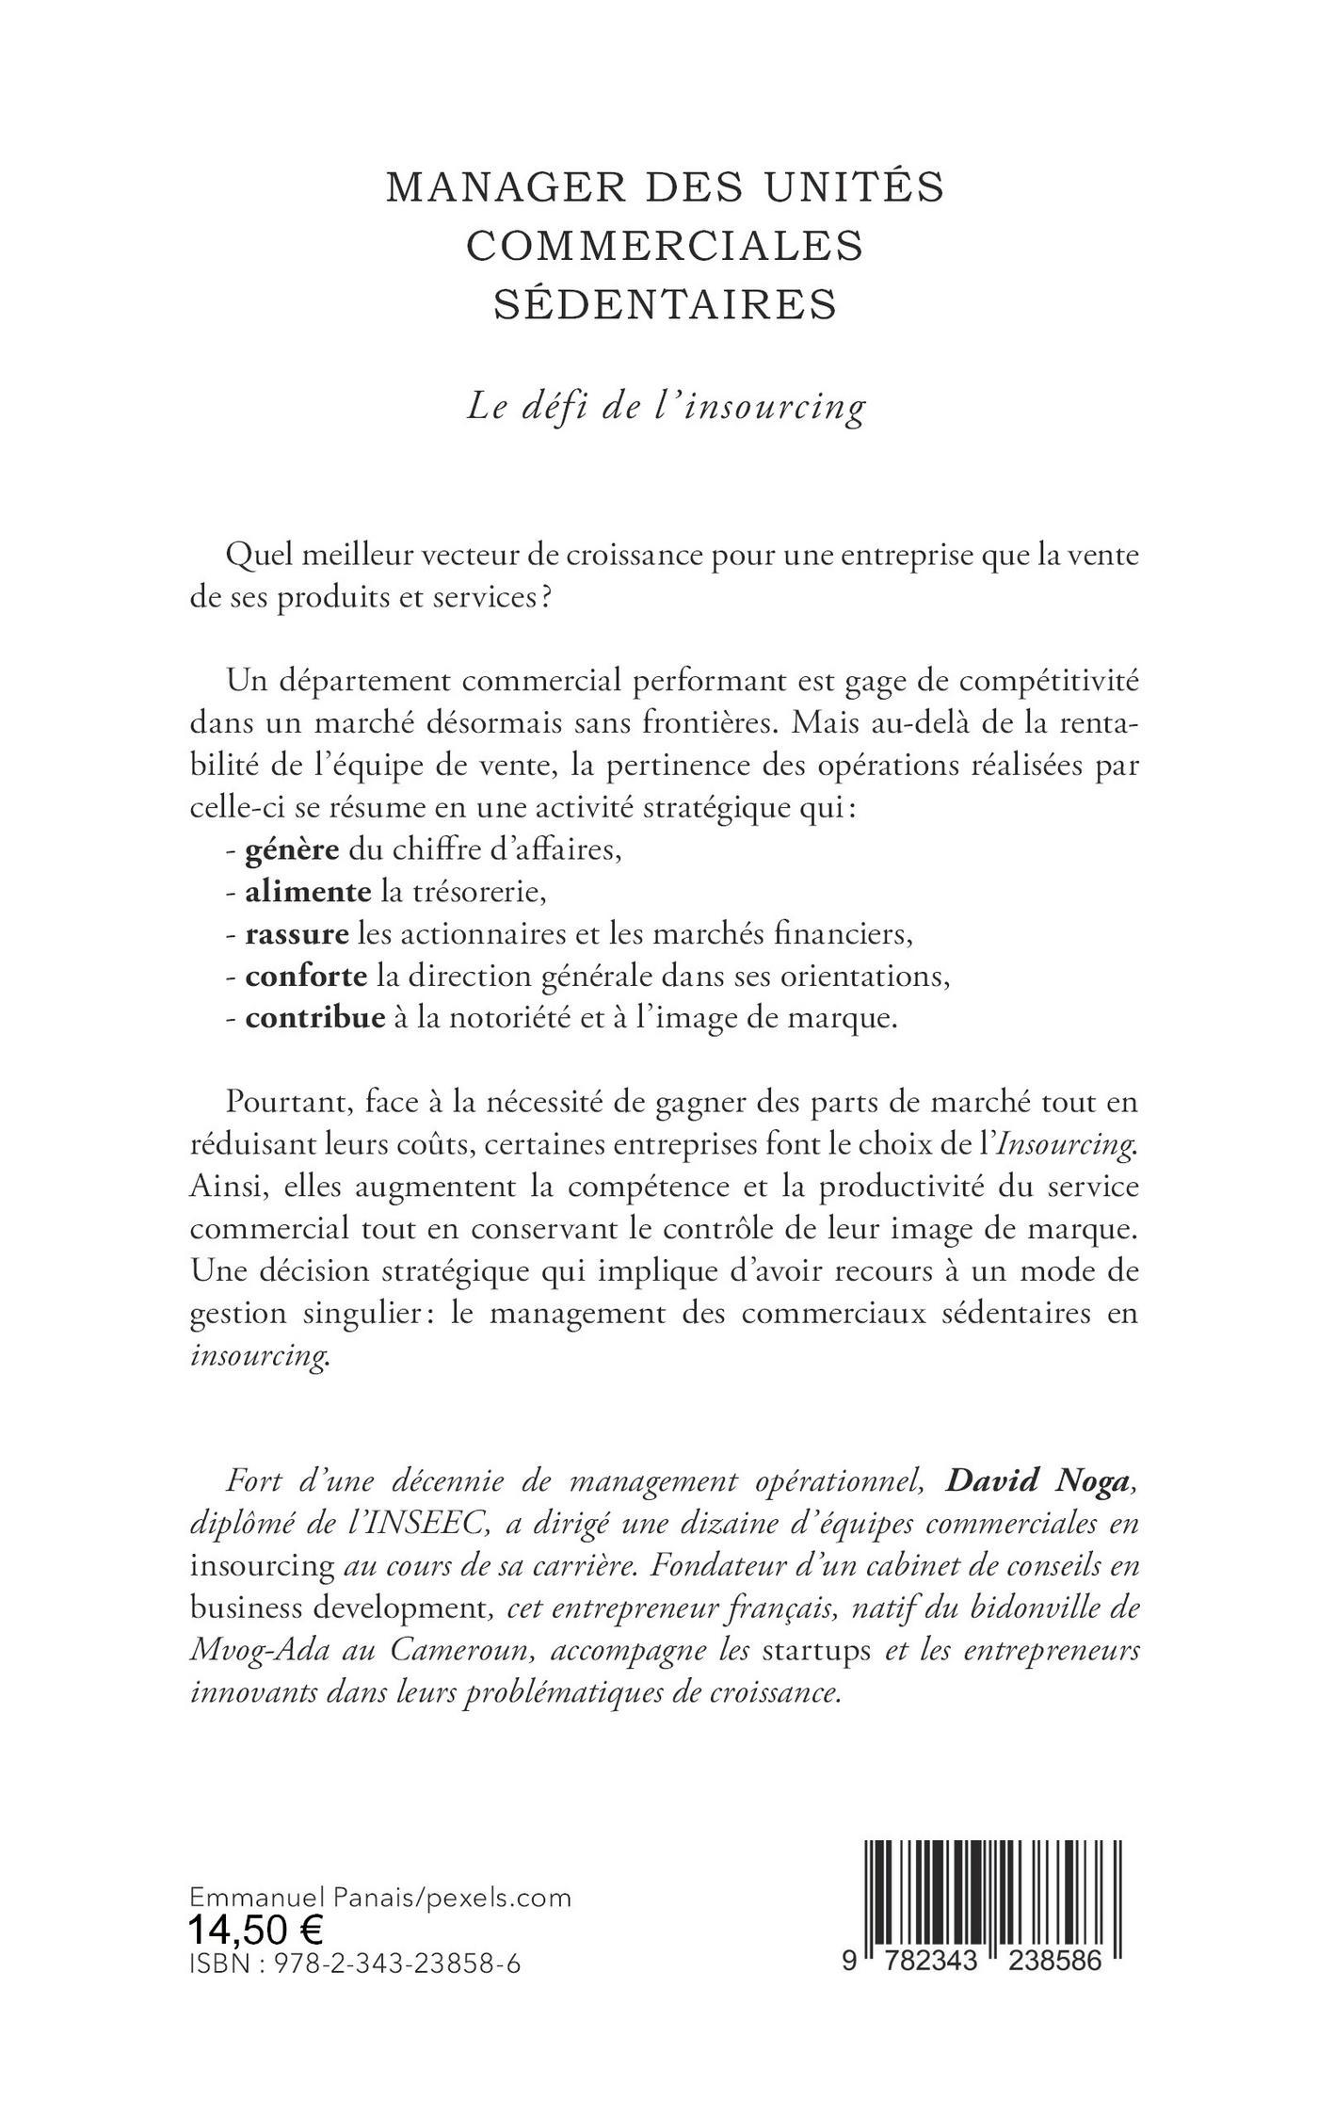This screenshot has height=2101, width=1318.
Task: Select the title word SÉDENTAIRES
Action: click(x=666, y=305)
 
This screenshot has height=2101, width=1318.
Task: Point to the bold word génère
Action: click(x=292, y=850)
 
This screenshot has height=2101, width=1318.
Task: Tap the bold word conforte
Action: click(x=306, y=977)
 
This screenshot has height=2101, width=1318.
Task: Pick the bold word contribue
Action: click(x=315, y=1019)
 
